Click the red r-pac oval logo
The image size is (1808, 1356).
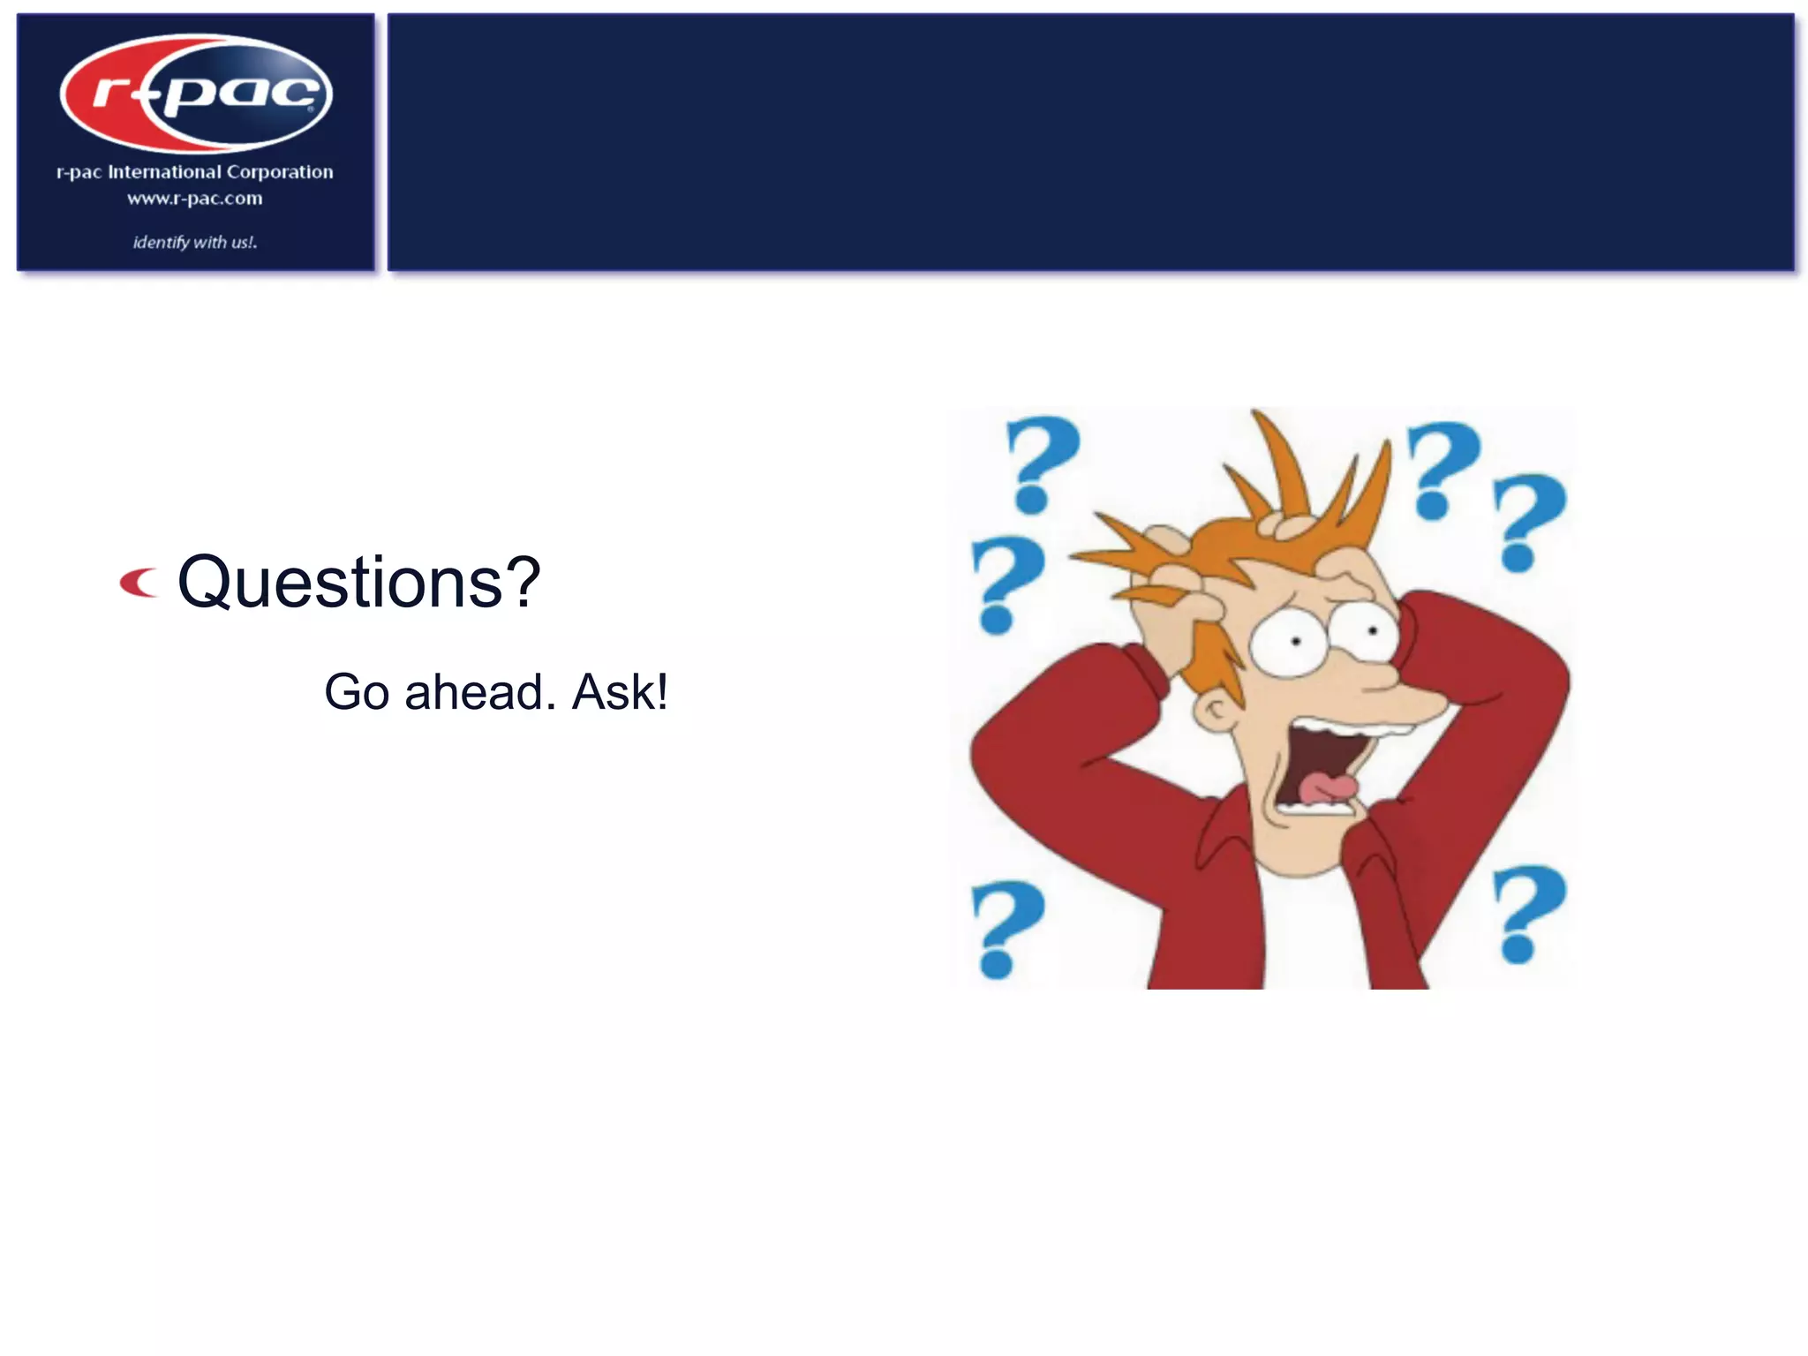coord(196,94)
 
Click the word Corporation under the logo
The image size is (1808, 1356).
coord(280,172)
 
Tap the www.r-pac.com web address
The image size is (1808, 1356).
coord(195,199)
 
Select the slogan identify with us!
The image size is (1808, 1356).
coord(195,242)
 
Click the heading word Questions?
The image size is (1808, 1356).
coord(358,583)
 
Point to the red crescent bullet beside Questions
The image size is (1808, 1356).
coord(139,584)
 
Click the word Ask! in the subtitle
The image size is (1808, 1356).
coord(620,692)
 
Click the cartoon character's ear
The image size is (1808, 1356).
coord(1217,710)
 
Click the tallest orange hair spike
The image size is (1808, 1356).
coord(1280,459)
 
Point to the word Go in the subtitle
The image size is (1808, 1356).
coord(357,692)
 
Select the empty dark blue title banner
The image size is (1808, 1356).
coord(1090,141)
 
